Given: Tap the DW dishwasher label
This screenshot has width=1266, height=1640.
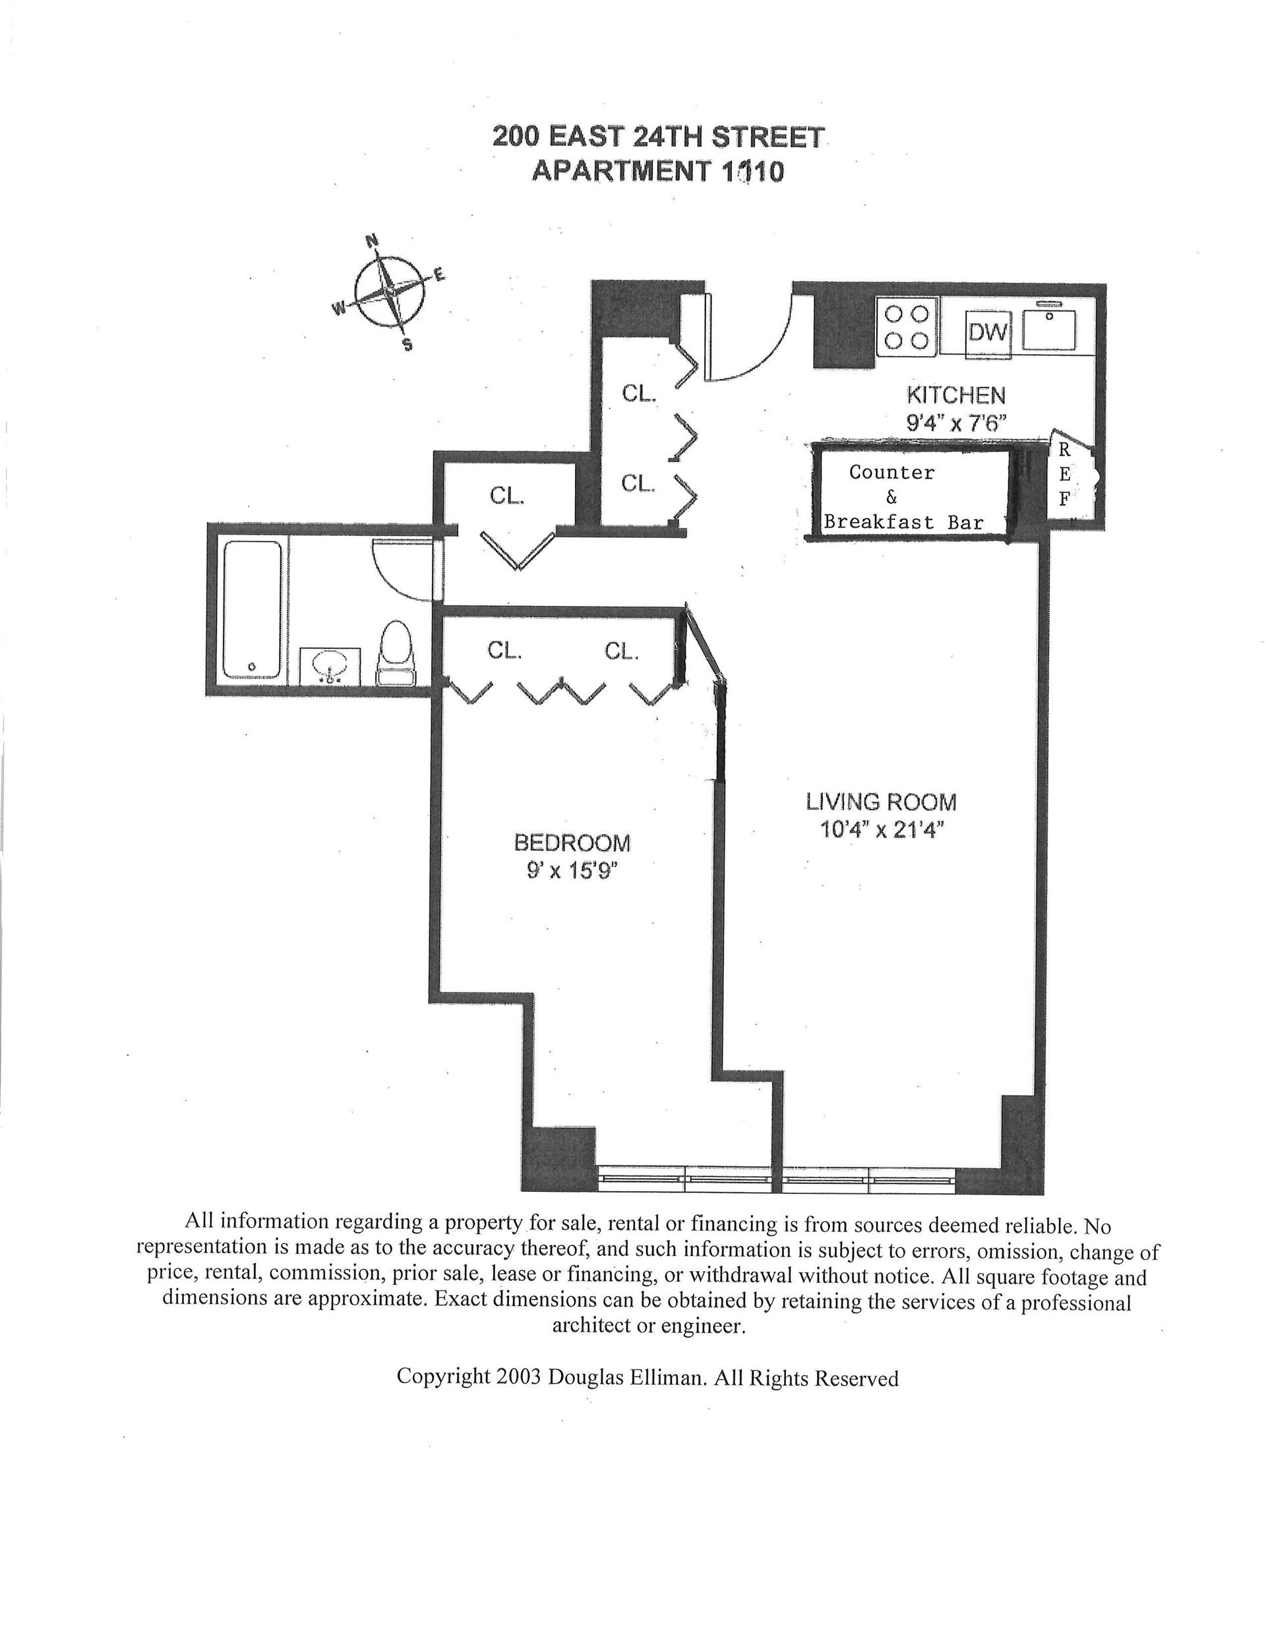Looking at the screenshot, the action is [988, 332].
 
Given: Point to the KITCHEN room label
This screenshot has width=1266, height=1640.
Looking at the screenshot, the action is [955, 395].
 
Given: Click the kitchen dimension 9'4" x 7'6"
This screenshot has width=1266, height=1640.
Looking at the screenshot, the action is [955, 422].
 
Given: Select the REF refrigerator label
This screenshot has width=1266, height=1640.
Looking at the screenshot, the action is [1064, 475].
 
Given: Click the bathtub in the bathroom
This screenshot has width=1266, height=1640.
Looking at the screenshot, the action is [252, 610].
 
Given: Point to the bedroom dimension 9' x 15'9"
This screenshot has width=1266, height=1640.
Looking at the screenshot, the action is [572, 871].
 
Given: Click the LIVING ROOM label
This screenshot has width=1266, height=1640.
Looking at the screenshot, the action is [881, 802].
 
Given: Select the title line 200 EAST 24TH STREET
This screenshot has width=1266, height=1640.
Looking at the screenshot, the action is [658, 137].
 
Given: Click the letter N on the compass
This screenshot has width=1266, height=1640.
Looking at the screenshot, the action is [371, 241].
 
